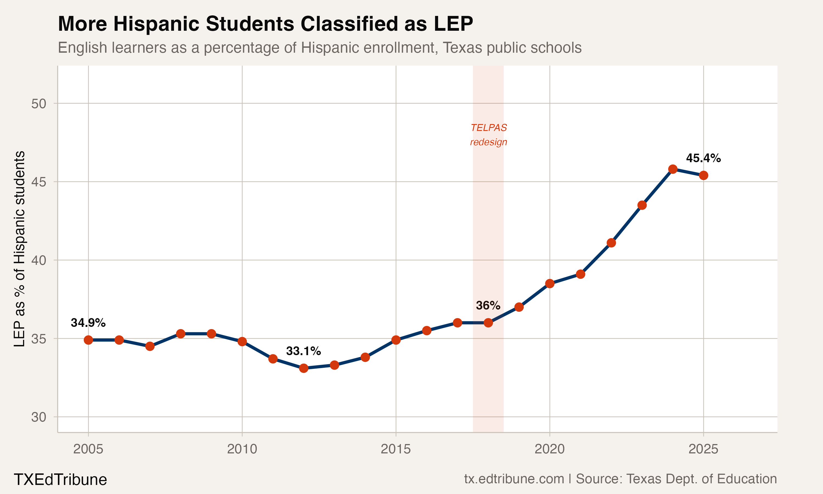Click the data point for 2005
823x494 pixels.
coord(88,340)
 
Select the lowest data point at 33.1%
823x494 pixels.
coord(303,368)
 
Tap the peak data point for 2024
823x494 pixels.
coord(673,169)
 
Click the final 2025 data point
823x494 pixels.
coord(703,175)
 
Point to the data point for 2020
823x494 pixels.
coord(549,284)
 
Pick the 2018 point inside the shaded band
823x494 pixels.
coord(488,322)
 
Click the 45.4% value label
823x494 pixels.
coord(703,158)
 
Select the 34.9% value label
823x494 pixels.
coord(88,322)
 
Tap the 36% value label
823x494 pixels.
coord(488,305)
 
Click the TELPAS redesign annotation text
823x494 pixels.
coord(488,135)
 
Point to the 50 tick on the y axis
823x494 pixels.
coord(39,103)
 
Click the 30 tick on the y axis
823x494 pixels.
coord(39,417)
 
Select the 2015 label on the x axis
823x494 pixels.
coord(396,449)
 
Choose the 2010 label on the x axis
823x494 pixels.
coord(242,449)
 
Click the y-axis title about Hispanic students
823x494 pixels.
coord(19,249)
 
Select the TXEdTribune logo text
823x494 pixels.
coord(60,479)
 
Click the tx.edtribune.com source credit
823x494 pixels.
coord(514,479)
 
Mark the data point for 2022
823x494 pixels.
coord(611,243)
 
